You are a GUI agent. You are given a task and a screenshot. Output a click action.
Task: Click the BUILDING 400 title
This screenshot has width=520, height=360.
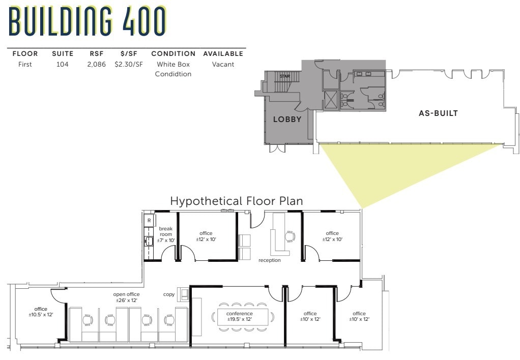[88, 21]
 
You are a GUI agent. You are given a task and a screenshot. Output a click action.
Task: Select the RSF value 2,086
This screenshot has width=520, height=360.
[96, 65]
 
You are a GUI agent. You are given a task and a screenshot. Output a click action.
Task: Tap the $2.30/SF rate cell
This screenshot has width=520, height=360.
[128, 65]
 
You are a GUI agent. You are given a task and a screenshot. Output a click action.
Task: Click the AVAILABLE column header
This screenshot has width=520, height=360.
[223, 53]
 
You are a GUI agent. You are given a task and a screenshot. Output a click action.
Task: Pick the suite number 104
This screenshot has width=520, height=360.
[63, 65]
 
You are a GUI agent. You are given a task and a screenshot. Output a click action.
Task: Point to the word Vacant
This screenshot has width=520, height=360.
[223, 65]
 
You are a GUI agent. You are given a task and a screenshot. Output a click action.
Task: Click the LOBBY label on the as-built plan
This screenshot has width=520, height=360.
[287, 119]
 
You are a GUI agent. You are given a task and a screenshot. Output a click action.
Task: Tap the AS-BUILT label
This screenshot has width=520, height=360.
[438, 113]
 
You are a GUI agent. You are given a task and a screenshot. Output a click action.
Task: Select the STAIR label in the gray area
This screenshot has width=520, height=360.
[284, 76]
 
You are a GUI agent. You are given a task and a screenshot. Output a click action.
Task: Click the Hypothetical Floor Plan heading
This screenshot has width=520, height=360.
[237, 201]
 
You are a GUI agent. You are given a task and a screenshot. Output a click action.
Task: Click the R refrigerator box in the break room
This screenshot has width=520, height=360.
[149, 221]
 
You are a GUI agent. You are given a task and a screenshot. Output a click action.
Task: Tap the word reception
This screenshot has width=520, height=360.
[269, 260]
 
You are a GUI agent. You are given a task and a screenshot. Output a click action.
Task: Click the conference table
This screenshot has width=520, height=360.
[240, 317]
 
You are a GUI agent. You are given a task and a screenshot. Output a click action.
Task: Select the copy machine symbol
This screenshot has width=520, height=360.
[183, 294]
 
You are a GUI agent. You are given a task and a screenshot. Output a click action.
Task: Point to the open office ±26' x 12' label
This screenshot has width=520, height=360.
[127, 297]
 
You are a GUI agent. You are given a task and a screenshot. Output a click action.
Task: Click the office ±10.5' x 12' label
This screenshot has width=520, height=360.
[41, 312]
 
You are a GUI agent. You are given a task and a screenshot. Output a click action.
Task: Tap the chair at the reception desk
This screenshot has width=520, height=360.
[290, 236]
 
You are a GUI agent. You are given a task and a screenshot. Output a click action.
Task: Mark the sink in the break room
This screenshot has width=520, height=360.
[149, 241]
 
